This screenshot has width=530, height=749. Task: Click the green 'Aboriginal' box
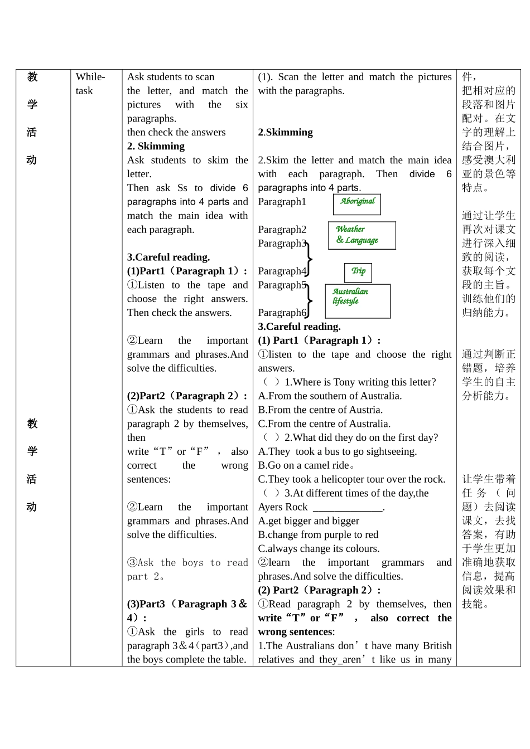pyautogui.click(x=357, y=203)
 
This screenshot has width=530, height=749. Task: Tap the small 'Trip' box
pyautogui.click(x=358, y=272)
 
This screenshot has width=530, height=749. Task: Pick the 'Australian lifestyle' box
pyautogui.click(x=358, y=300)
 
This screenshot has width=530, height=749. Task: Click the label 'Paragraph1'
pyautogui.click(x=282, y=202)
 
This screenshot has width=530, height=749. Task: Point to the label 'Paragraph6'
pyautogui.click(x=282, y=313)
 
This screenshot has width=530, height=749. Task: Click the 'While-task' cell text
pyautogui.click(x=90, y=84)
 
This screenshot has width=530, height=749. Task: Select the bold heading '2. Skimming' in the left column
pyautogui.click(x=156, y=146)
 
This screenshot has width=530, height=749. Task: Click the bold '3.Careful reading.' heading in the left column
pyautogui.click(x=168, y=257)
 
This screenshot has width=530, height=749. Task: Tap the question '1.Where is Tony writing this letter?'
pyautogui.click(x=360, y=382)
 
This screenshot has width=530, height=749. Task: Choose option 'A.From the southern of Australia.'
pyautogui.click(x=330, y=396)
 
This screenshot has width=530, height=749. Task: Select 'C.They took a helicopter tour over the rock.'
pyautogui.click(x=351, y=479)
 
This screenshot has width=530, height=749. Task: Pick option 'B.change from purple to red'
pyautogui.click(x=318, y=534)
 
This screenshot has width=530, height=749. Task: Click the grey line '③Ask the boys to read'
pyautogui.click(x=187, y=562)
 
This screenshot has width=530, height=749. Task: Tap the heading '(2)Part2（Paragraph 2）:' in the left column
pyautogui.click(x=187, y=396)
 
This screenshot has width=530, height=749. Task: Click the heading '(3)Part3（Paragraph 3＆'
pyautogui.click(x=187, y=604)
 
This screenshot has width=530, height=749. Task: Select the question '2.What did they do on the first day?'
pyautogui.click(x=361, y=437)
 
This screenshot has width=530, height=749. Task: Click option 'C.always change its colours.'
pyautogui.click(x=319, y=548)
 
